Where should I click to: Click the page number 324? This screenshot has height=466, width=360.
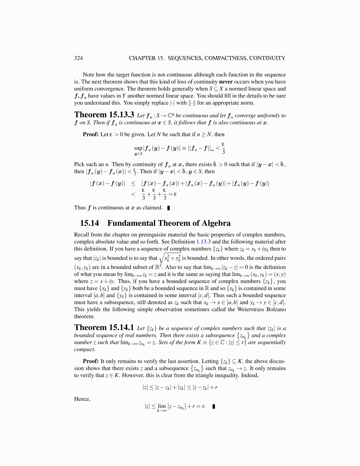pyautogui.click(x=79, y=58)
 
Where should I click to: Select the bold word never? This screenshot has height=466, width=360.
pyautogui.click(x=226, y=82)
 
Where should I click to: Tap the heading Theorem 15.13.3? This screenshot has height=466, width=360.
pyautogui.click(x=104, y=114)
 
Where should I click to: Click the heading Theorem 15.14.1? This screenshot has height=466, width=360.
pyautogui.click(x=104, y=327)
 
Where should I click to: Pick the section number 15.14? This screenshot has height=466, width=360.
pyautogui.click(x=89, y=223)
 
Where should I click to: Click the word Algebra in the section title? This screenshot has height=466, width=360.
pyautogui.click(x=216, y=223)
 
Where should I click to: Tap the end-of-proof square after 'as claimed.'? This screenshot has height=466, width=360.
pyautogui.click(x=169, y=208)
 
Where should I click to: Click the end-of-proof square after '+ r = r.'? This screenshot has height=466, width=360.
pyautogui.click(x=214, y=407)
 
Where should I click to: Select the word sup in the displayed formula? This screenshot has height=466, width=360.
pyautogui.click(x=138, y=148)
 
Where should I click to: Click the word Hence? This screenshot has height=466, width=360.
pyautogui.click(x=82, y=399)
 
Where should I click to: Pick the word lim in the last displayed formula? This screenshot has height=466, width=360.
pyautogui.click(x=162, y=406)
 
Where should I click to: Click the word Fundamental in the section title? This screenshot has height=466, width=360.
pyautogui.click(x=131, y=223)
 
